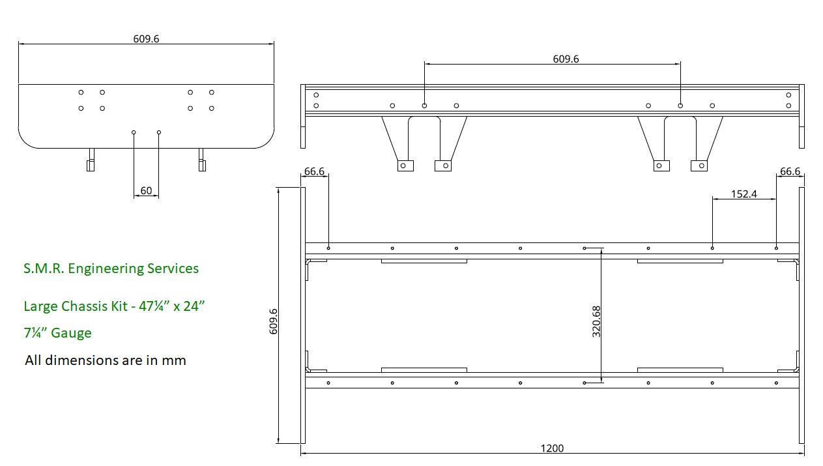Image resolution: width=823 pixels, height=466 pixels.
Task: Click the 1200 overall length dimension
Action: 552,448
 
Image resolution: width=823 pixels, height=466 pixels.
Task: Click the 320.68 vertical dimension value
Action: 596,321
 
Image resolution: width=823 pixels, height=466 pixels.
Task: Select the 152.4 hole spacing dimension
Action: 744,194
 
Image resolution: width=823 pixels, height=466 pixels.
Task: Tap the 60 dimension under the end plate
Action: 146,190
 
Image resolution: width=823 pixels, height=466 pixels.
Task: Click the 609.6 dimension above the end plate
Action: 146,38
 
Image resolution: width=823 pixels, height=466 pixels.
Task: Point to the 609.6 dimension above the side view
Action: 566,59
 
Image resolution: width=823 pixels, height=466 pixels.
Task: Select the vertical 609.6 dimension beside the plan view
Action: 274,321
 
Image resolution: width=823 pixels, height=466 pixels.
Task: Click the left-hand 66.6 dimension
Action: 313,171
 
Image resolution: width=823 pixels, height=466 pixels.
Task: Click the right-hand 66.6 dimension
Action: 789,171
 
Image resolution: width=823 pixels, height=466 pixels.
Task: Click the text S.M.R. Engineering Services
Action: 111,268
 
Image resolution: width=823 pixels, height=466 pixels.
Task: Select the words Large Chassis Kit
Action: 75,306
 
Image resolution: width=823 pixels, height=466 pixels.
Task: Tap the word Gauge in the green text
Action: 71,333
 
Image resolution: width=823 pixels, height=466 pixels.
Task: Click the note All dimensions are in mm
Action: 105,360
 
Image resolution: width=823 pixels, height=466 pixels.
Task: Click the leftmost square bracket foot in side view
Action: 405,166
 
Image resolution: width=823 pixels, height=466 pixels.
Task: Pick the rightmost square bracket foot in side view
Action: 699,166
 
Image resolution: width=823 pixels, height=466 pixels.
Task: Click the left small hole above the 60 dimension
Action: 134,132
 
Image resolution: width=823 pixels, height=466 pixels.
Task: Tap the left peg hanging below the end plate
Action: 91,160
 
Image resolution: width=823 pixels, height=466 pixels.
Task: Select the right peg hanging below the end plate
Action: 202,160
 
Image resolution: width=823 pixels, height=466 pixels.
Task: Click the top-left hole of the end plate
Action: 81,93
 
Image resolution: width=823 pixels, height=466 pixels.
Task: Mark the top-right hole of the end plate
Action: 212,93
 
